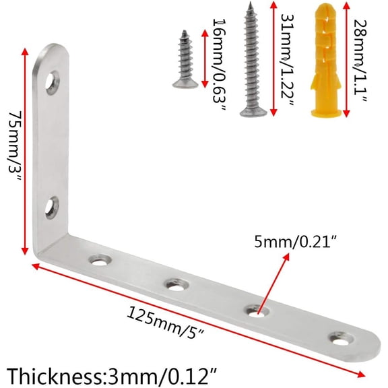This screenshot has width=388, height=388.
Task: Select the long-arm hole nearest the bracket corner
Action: (102, 259)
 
